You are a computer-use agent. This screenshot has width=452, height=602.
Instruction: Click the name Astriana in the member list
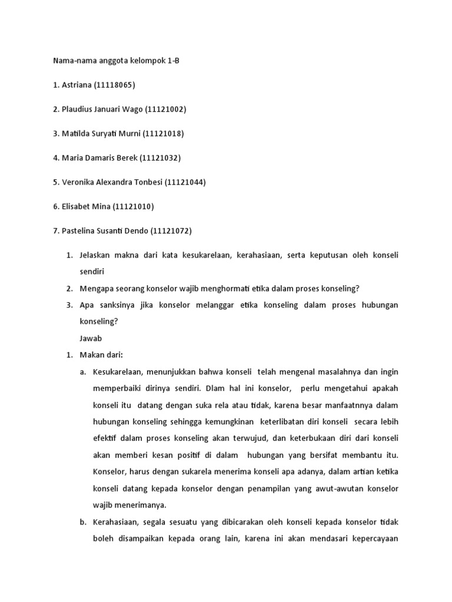click(76, 85)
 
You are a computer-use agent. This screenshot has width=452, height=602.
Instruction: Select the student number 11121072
click(171, 230)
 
